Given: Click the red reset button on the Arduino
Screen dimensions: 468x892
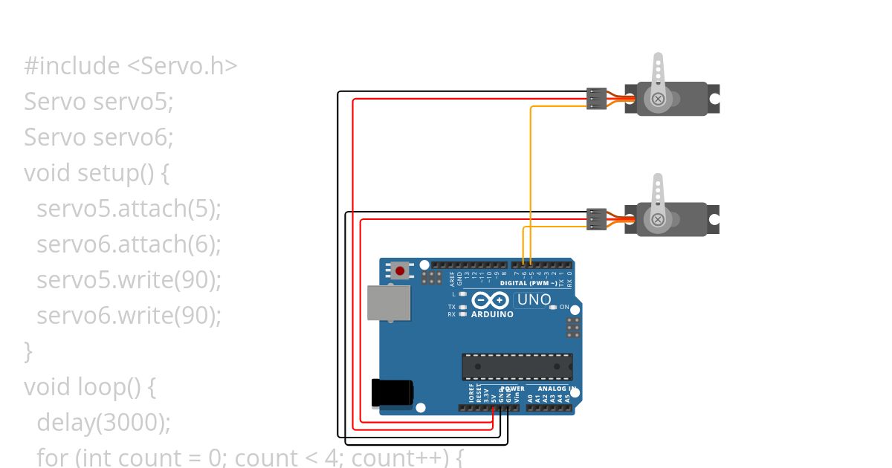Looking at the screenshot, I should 401,270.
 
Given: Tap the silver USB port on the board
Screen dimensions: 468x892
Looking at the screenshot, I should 389,304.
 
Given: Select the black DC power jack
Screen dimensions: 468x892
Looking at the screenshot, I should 392,392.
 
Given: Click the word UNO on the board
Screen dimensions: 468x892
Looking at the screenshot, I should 534,300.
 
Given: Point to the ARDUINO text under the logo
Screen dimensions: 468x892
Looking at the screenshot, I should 492,314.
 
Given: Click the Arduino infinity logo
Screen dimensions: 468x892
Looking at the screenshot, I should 491,300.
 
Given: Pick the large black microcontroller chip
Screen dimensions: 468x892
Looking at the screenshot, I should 517,366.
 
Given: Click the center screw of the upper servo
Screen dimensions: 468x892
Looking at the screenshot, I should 658,98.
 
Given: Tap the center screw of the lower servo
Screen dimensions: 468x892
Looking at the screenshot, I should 658,219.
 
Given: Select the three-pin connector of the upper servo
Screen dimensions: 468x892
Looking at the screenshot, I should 596,98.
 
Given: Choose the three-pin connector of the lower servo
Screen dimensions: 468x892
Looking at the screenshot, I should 596,219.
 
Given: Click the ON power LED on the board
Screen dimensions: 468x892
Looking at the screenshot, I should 554,308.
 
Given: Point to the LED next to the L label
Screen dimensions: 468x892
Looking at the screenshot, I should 463,294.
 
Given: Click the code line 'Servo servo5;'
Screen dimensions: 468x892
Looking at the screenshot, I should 98,101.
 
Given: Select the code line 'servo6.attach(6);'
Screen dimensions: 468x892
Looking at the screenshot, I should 129,244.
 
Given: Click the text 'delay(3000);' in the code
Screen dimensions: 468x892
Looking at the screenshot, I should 103,422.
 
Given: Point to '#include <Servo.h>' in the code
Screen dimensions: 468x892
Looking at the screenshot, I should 130,65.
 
